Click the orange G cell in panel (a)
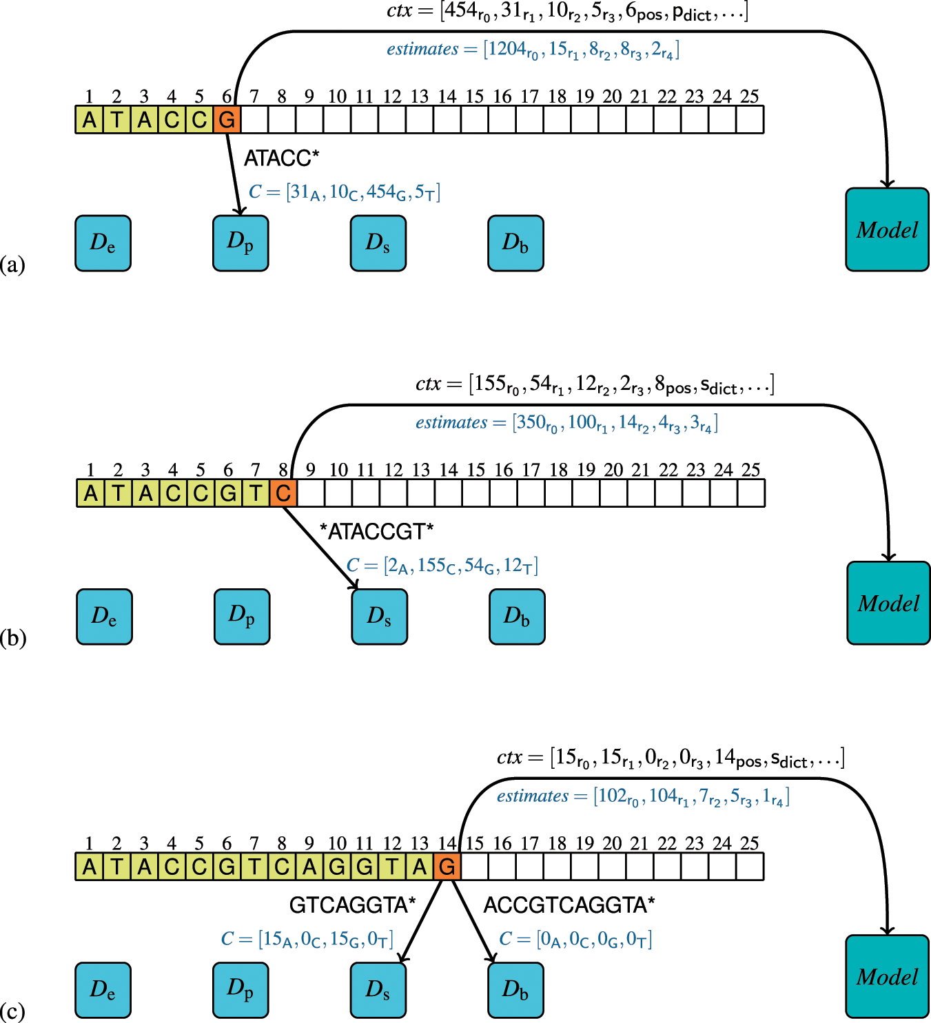(227, 120)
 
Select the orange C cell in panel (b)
(283, 493)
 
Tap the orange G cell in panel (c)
(447, 867)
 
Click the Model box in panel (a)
(887, 229)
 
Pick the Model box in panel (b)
(888, 603)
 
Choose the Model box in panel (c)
(887, 976)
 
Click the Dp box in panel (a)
(241, 242)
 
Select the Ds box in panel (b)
(379, 617)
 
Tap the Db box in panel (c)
(515, 990)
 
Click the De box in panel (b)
(104, 617)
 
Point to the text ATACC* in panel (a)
(281, 158)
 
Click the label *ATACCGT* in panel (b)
(376, 532)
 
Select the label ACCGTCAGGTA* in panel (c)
(569, 905)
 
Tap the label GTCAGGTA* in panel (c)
(352, 905)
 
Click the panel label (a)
(12, 264)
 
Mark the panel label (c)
(12, 1011)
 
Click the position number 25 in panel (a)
(749, 96)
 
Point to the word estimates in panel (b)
(451, 422)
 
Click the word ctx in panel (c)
(509, 758)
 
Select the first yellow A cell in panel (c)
(90, 867)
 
